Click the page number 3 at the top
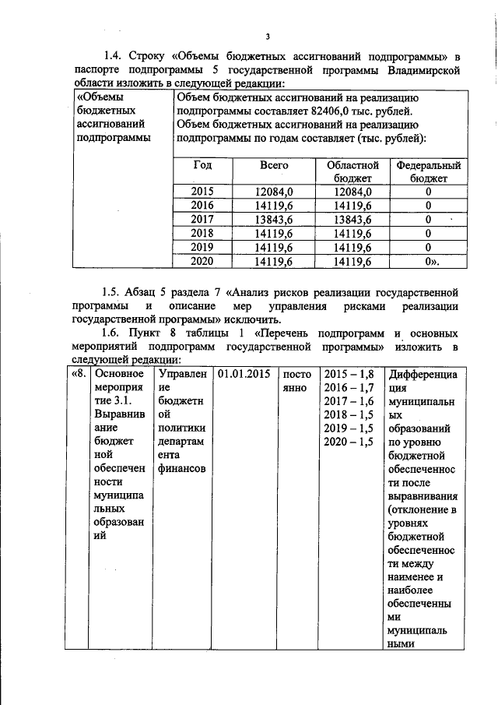coord(267,37)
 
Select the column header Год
coord(202,166)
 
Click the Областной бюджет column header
coord(348,171)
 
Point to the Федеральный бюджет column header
coord(428,171)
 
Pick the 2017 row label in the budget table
coord(202,219)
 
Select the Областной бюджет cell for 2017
coord(348,219)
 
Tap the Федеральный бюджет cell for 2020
coord(428,262)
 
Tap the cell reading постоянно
coord(298,381)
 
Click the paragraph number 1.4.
coord(114,55)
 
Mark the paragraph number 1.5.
coord(114,293)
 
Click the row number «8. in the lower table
coord(77,374)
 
